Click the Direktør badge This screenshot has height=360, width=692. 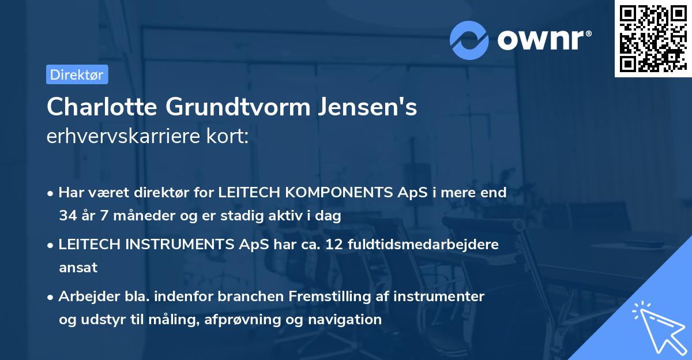[x=77, y=74]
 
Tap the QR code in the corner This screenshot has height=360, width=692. [x=653, y=38]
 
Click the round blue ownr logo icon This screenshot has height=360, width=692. [x=469, y=40]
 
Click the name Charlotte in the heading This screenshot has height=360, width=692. [x=103, y=107]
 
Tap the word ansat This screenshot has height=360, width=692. [x=78, y=268]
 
